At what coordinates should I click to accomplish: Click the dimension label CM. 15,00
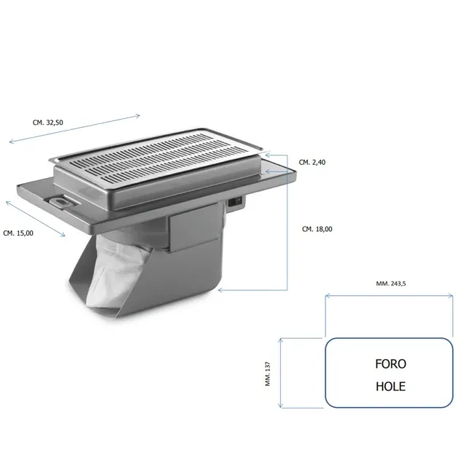point(20,233)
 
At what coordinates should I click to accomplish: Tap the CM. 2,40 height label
point(312,162)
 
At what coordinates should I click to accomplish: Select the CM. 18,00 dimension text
point(317,229)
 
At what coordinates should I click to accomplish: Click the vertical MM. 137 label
point(268,373)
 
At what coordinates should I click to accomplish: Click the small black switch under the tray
point(236,204)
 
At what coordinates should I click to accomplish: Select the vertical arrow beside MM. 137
point(281,372)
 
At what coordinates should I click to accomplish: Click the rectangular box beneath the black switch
point(196,231)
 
